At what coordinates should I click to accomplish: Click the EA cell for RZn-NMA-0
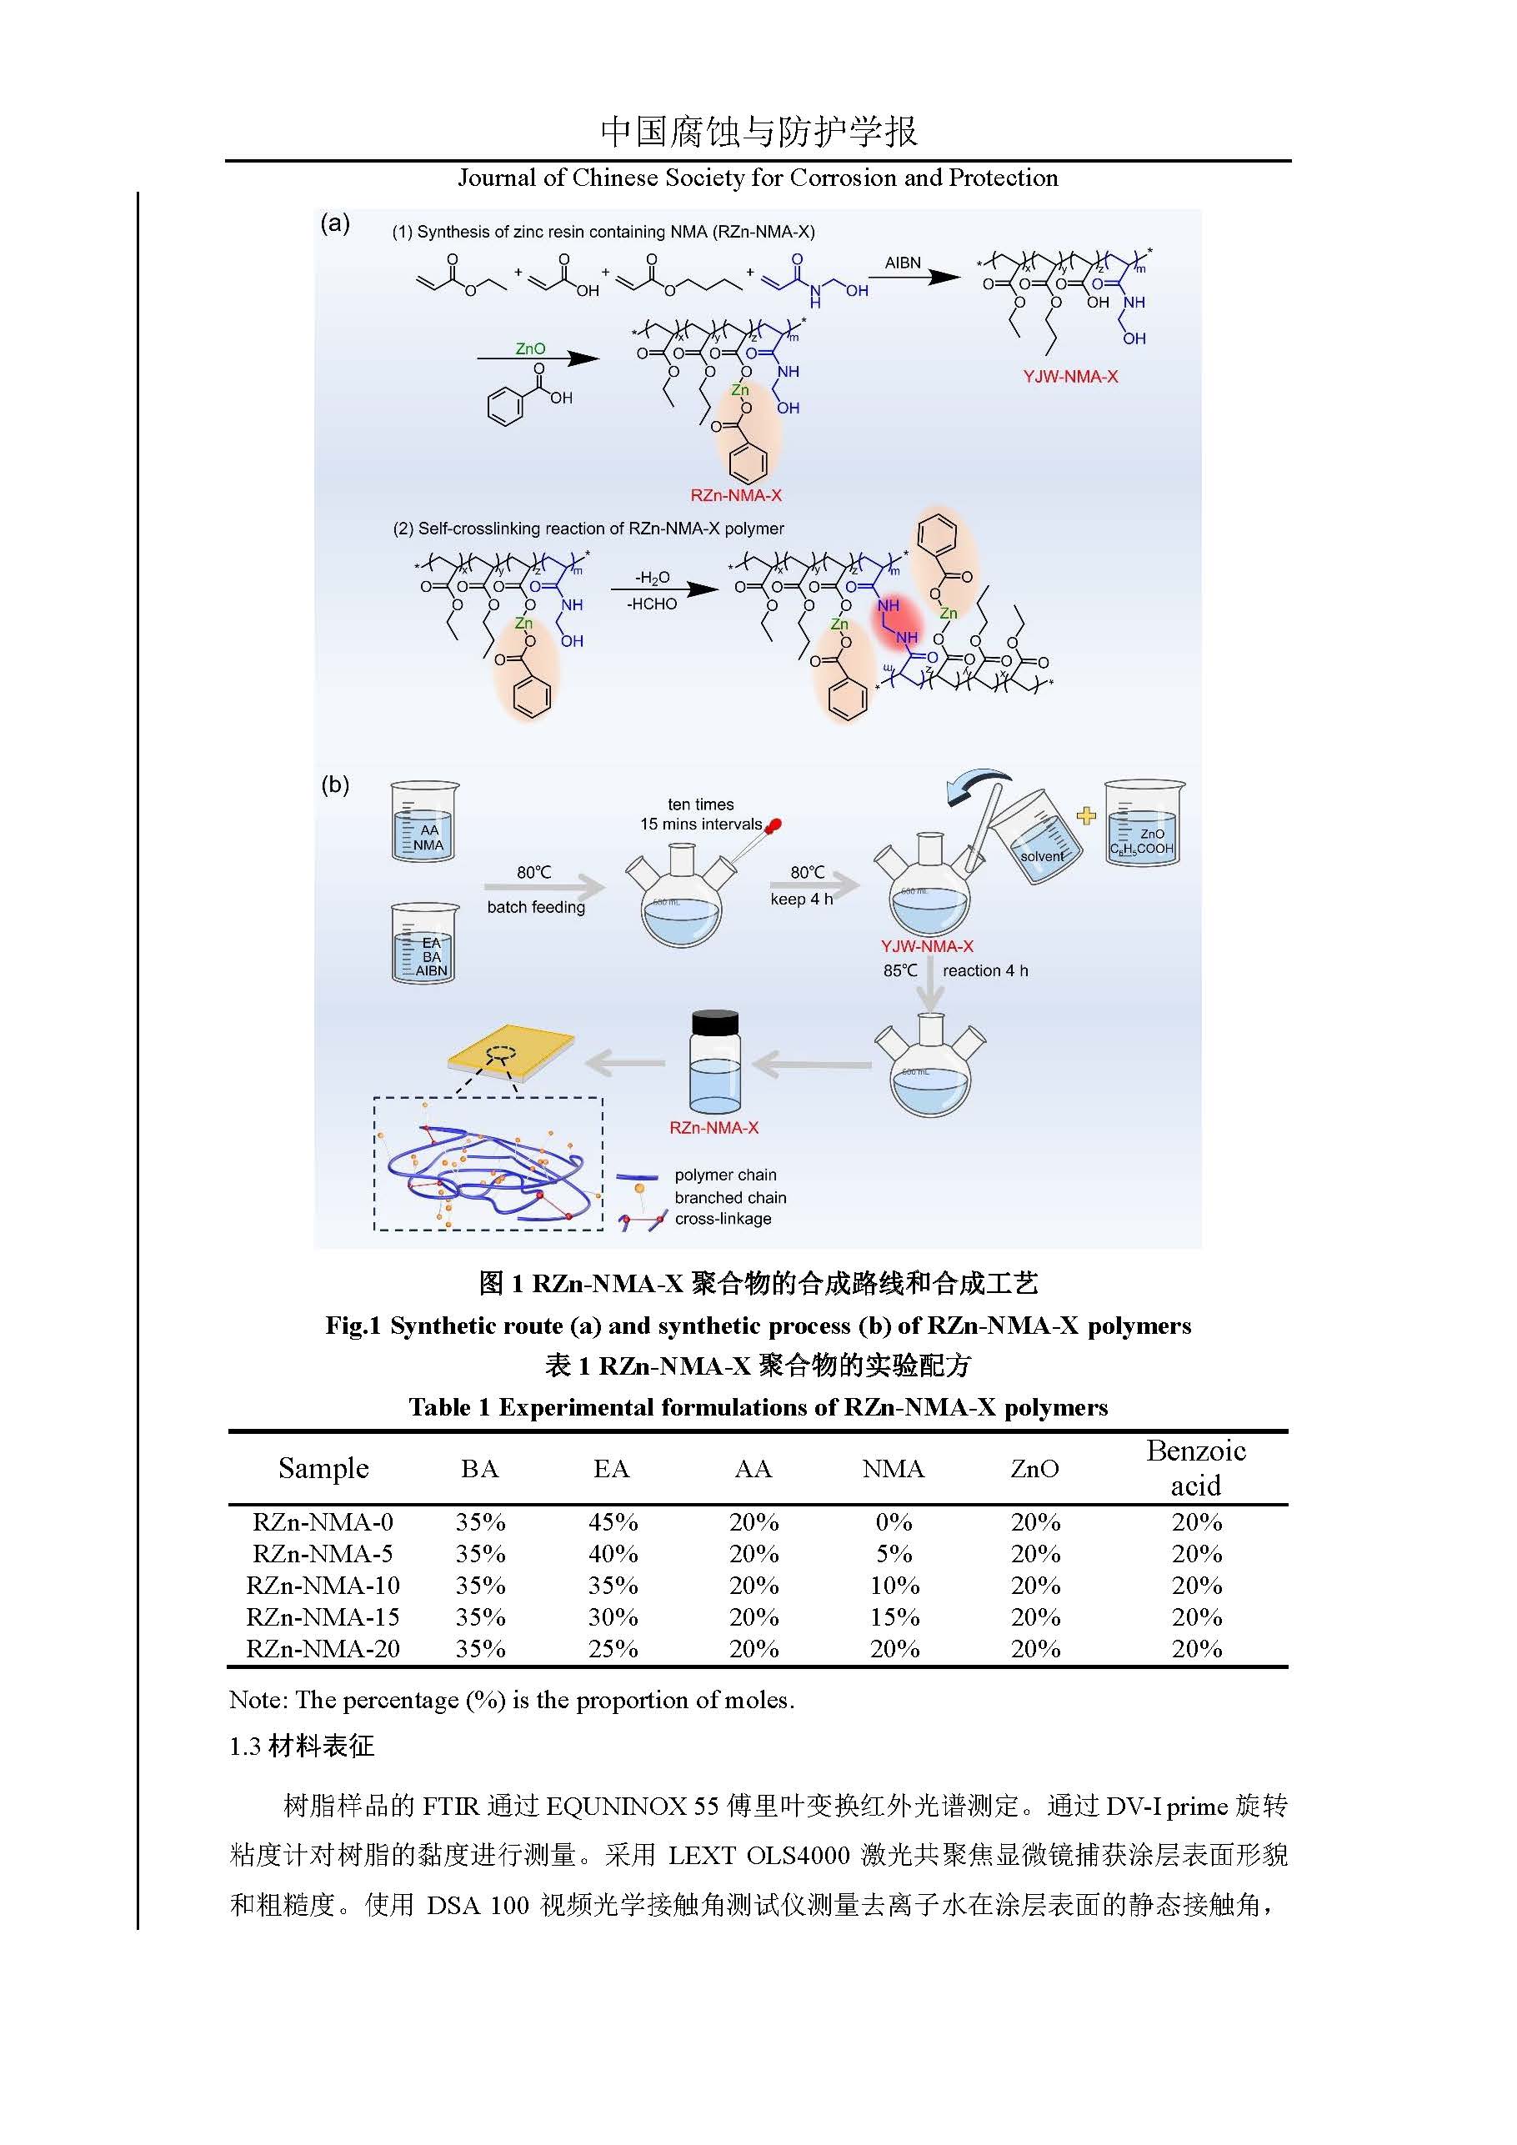pos(613,1522)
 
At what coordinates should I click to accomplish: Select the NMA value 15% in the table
pos(894,1617)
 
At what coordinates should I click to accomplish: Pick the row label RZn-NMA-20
pos(323,1649)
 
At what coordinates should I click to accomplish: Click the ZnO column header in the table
pos(1035,1469)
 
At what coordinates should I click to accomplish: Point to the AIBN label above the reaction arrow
pos(903,263)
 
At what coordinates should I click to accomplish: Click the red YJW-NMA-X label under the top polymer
pos(1070,377)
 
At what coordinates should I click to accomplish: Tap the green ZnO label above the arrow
pos(531,348)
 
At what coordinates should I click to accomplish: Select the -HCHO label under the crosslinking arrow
pos(652,604)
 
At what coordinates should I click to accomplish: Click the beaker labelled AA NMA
pos(424,821)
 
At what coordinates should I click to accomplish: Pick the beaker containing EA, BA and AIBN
pos(425,943)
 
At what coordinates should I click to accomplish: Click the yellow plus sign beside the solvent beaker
pos(1085,815)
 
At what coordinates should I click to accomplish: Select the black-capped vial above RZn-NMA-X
pos(714,1060)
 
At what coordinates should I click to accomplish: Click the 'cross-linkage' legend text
pos(723,1218)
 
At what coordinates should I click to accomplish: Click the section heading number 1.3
pos(245,1746)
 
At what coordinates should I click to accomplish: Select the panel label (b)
pos(335,784)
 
